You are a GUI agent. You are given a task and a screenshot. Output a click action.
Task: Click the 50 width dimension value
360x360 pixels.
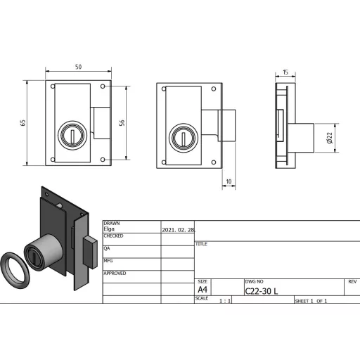pyautogui.click(x=78, y=67)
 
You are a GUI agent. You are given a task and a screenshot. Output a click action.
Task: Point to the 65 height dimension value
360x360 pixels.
pyautogui.click(x=22, y=123)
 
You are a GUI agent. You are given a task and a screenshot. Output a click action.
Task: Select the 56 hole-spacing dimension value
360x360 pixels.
pyautogui.click(x=122, y=123)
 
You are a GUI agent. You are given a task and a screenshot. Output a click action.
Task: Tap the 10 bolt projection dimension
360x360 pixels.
pyautogui.click(x=229, y=181)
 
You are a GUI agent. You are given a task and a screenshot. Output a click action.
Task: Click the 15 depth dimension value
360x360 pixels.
pyautogui.click(x=285, y=72)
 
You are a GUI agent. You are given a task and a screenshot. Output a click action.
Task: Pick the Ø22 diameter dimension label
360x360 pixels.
pyautogui.click(x=329, y=138)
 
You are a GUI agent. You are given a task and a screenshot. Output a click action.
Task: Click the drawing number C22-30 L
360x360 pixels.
pyautogui.click(x=261, y=291)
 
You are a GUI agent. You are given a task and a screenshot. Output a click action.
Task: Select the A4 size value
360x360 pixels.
pyautogui.click(x=202, y=290)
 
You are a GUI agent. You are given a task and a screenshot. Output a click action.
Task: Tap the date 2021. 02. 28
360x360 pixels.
pyautogui.click(x=178, y=230)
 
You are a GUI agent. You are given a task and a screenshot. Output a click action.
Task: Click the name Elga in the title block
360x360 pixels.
pyautogui.click(x=109, y=229)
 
